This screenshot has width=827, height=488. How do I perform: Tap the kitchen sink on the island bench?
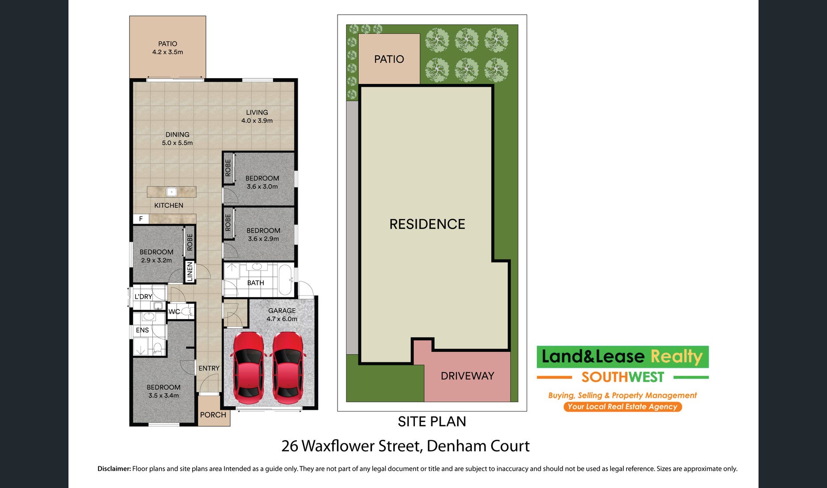171,192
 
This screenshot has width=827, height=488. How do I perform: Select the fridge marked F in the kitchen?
141,219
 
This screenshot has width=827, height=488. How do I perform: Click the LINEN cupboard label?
190,272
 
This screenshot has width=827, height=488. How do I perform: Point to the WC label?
174,312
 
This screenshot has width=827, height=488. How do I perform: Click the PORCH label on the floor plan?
213,415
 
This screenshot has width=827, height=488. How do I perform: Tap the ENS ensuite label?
142,330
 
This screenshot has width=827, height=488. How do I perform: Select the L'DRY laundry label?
143,297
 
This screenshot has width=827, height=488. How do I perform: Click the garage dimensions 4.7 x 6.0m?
282,319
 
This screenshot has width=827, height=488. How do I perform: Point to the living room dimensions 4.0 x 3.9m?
257,121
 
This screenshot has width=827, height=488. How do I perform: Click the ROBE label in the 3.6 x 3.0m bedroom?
228,168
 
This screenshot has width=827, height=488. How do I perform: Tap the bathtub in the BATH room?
285,280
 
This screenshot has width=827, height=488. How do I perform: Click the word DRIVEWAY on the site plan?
467,376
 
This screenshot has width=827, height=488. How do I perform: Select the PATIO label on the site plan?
389,59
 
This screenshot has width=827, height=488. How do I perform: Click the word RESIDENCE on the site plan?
427,224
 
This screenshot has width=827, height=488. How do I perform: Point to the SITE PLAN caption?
432,422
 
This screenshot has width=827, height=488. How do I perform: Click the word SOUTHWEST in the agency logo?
622,377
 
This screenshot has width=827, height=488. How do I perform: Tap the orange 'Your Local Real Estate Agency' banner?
622,407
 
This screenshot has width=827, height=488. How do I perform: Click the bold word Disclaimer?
114,469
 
